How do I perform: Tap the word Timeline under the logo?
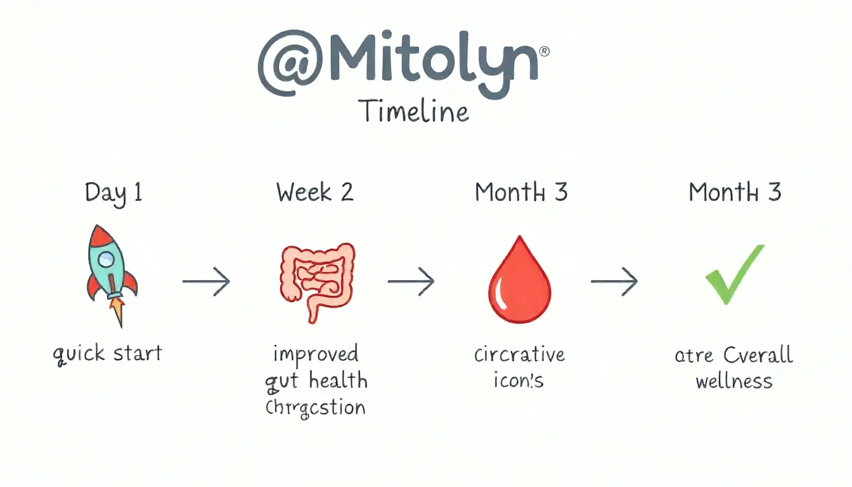(414, 111)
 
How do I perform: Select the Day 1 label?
(113, 193)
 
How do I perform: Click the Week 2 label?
(314, 192)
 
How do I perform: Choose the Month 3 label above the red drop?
(520, 192)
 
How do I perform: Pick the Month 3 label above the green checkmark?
(735, 192)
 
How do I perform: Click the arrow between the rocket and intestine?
(206, 281)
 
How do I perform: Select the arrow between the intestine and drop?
(411, 281)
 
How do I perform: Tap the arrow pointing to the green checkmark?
(614, 281)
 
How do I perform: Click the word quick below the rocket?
(79, 353)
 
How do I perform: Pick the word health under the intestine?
(338, 380)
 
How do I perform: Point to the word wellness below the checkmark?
(734, 382)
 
